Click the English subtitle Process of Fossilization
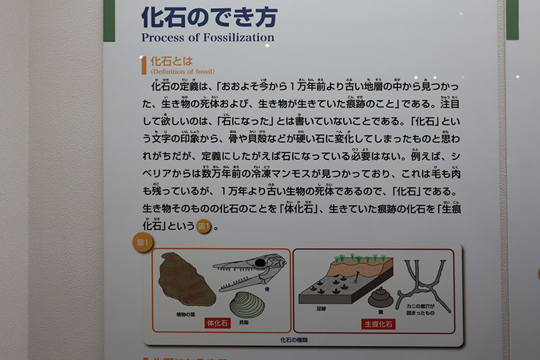coord(207,38)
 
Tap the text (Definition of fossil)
coord(182,71)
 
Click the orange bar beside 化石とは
coord(144,65)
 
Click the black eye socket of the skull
coord(259,262)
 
